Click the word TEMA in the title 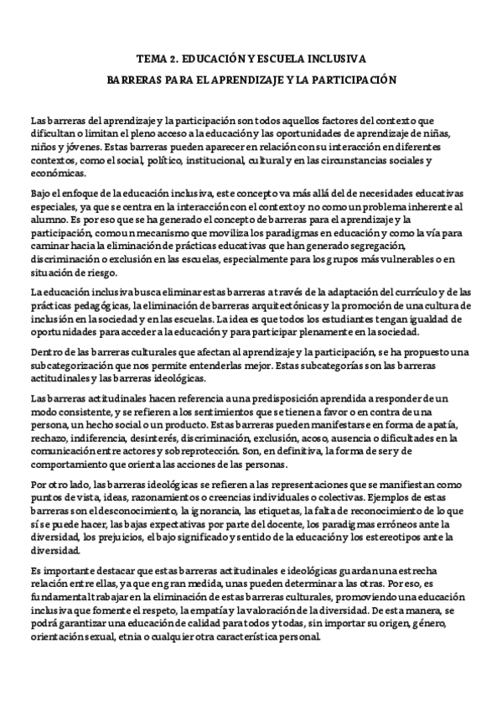pyautogui.click(x=152, y=60)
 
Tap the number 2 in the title pyautogui.click(x=173, y=60)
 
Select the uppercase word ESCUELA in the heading pyautogui.click(x=289, y=60)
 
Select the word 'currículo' pyautogui.click(x=406, y=292)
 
